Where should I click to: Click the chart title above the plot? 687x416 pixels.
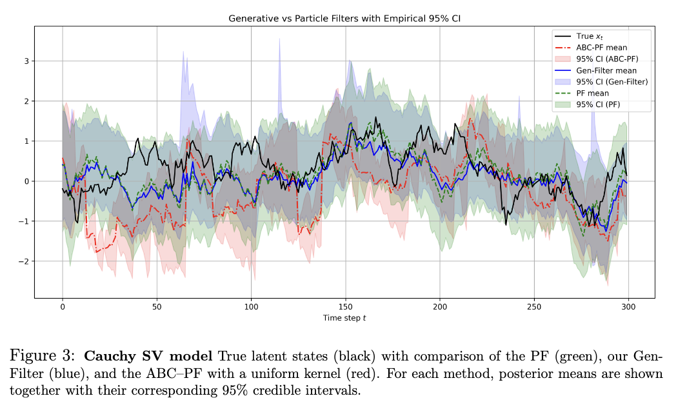tap(344, 19)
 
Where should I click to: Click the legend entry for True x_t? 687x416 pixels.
tap(589, 37)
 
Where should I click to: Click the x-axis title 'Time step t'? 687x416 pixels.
tap(344, 317)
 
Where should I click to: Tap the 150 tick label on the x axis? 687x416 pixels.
tap(345, 306)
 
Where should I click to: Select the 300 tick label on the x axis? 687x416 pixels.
tap(628, 306)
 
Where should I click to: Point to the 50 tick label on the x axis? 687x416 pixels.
tap(157, 306)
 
